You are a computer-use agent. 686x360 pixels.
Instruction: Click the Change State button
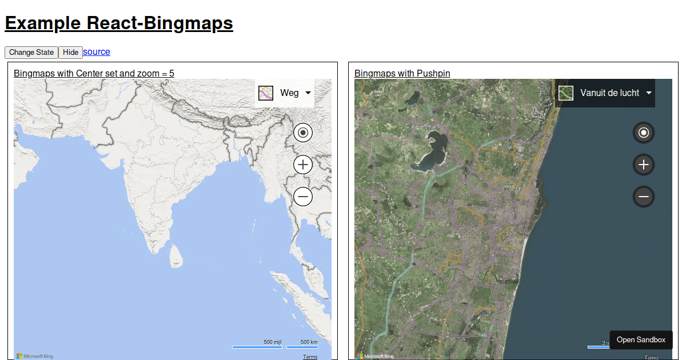[31, 53]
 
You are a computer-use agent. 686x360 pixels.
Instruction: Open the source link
[97, 52]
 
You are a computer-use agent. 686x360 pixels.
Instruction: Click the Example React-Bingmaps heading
[119, 23]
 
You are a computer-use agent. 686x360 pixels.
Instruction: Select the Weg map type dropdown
[285, 93]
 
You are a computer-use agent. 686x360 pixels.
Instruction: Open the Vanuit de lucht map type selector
[605, 93]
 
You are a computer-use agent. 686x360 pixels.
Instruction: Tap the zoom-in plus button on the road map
[303, 165]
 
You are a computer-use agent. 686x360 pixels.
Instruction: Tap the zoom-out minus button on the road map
[303, 197]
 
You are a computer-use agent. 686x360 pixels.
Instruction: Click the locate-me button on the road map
[303, 133]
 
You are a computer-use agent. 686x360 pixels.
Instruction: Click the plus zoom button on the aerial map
[644, 165]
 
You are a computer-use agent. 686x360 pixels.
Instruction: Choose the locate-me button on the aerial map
[644, 133]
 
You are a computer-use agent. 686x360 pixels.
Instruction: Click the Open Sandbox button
[641, 340]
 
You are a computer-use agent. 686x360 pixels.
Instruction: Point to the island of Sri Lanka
[174, 256]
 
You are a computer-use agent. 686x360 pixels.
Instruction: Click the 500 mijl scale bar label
[272, 342]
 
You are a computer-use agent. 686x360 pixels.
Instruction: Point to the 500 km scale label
[309, 342]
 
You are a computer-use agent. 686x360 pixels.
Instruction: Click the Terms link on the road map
[310, 357]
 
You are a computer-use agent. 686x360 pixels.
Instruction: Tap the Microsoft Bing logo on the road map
[35, 356]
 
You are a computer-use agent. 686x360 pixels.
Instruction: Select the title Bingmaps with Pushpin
[402, 73]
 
